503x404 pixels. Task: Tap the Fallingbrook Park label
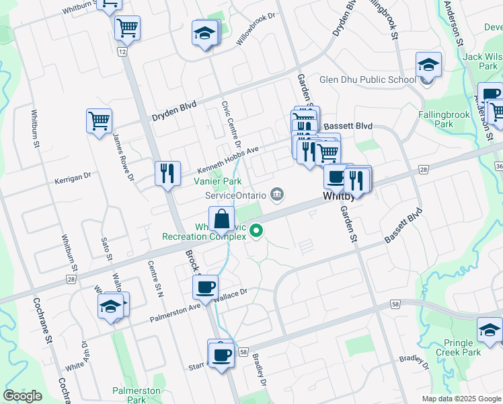[x=444, y=119]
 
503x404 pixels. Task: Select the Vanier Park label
[x=217, y=181]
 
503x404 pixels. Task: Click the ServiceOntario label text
[x=235, y=195]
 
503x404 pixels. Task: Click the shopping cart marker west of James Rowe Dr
[x=99, y=121]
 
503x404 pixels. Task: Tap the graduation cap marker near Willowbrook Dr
[x=205, y=32]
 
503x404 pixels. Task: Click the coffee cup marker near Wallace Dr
[x=206, y=287]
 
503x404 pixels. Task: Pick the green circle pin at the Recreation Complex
[x=256, y=233]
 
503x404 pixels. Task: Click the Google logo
[x=22, y=396]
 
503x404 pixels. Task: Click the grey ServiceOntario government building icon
[x=276, y=195]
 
